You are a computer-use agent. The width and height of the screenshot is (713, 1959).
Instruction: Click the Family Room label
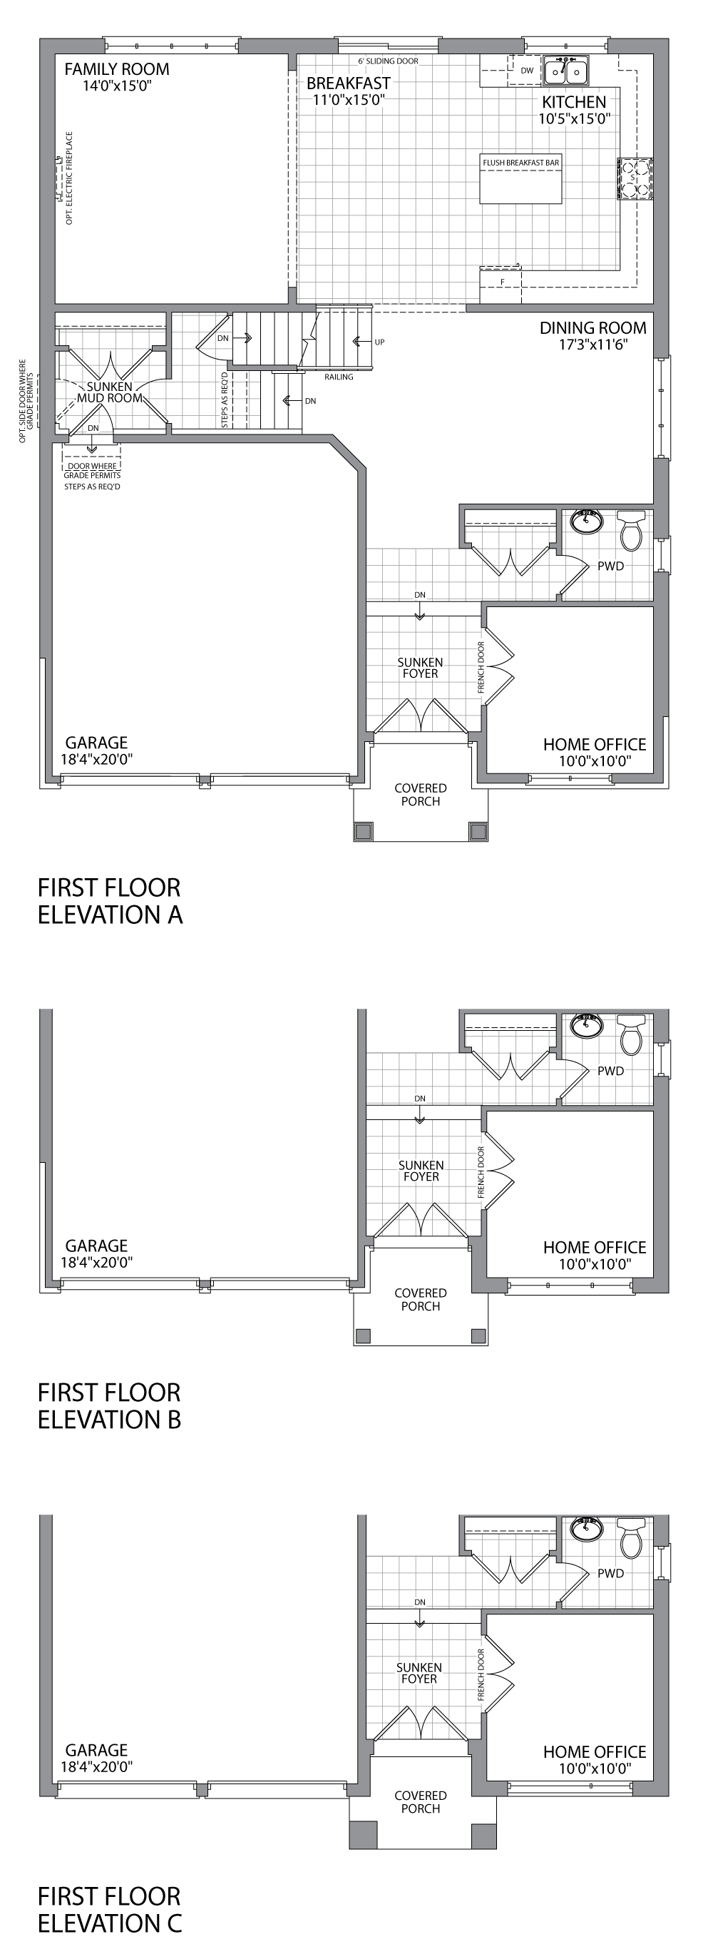coord(116,70)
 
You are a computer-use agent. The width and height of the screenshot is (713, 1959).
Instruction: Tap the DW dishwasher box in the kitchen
coord(527,71)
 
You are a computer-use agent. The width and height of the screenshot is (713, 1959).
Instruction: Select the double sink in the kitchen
coord(567,71)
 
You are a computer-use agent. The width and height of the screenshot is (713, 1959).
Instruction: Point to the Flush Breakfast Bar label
coord(520,163)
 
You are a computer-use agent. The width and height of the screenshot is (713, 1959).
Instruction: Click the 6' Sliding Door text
coord(388,61)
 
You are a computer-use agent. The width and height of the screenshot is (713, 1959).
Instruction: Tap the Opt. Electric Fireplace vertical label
coord(69,178)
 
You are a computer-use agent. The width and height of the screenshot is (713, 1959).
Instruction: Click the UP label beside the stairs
coord(379,342)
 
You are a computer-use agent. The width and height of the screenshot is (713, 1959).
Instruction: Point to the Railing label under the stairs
coord(338,377)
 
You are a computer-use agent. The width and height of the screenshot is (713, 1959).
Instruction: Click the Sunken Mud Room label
coord(110,392)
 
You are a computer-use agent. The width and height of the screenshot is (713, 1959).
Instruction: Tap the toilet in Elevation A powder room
coord(632,530)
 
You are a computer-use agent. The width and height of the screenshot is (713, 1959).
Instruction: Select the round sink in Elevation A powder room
coord(587,521)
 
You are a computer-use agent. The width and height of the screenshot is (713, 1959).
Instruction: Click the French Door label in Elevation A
coord(481,668)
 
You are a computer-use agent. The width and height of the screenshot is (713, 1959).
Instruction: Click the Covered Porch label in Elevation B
coord(421,1299)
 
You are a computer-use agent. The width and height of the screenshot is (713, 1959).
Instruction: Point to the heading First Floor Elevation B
coord(110,1405)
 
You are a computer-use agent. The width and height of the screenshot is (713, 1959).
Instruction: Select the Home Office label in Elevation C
coord(595,1751)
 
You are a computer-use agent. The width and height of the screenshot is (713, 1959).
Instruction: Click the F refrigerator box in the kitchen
coord(502,282)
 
